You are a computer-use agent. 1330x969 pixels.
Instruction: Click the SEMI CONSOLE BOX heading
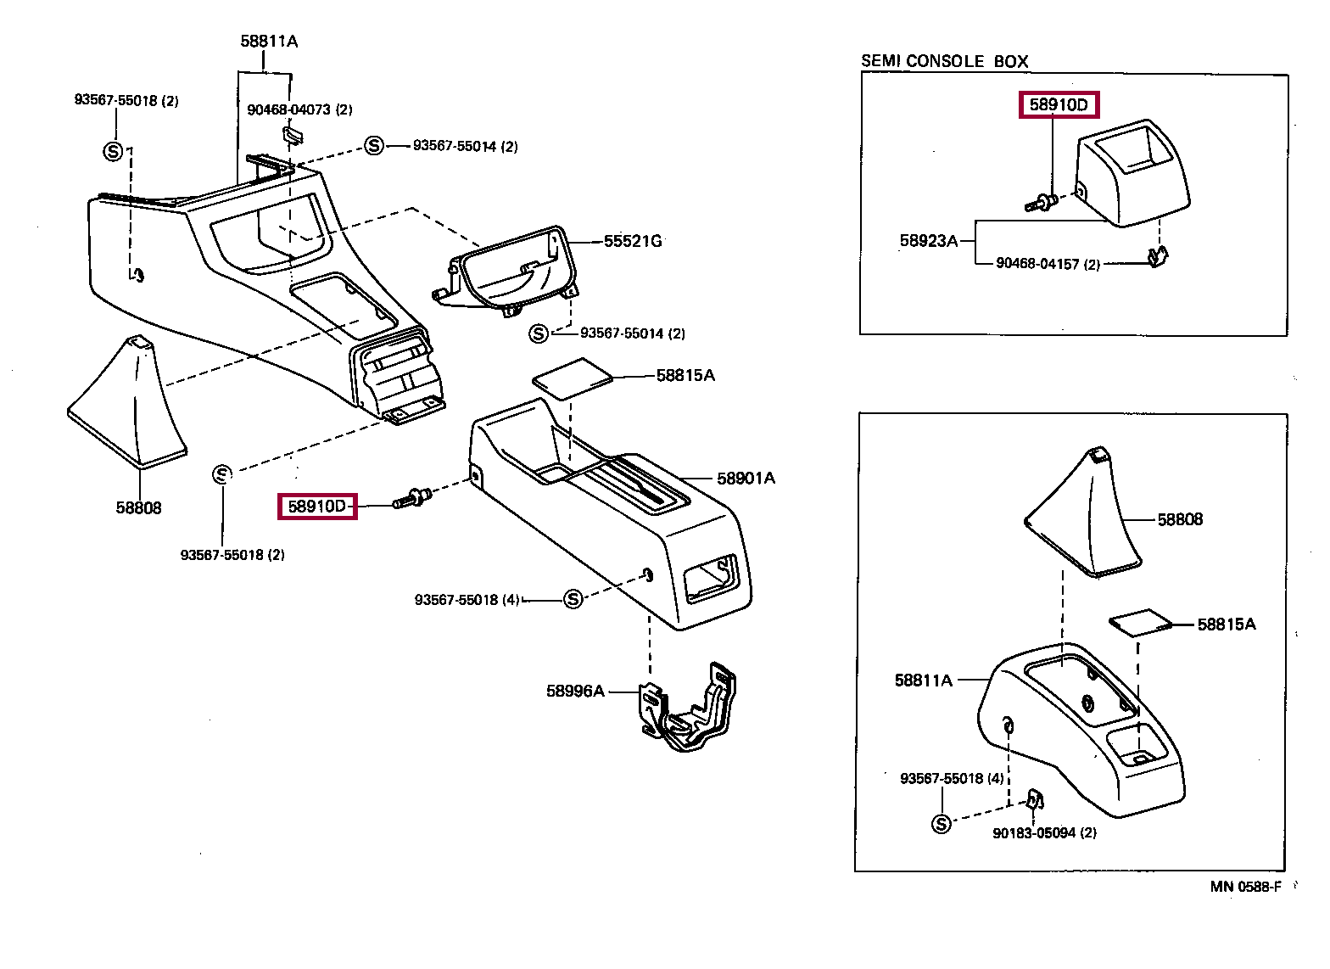click(x=944, y=61)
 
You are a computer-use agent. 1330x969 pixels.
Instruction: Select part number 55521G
click(x=633, y=241)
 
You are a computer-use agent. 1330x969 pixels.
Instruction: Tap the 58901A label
click(x=746, y=479)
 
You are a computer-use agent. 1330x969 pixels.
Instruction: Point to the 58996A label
click(x=575, y=691)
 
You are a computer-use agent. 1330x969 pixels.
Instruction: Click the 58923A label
click(x=929, y=241)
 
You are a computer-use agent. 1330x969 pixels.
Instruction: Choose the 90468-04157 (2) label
click(x=1048, y=264)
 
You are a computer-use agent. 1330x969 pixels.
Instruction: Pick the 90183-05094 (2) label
click(x=1044, y=833)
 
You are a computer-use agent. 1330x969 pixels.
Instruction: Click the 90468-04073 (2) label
click(x=299, y=110)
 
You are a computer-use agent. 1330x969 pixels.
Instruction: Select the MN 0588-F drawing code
click(x=1246, y=887)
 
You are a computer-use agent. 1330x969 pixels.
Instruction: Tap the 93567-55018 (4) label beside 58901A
click(x=467, y=600)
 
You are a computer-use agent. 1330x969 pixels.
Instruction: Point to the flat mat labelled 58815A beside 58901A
click(x=573, y=378)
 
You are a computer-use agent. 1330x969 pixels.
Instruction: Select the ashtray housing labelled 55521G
click(x=506, y=271)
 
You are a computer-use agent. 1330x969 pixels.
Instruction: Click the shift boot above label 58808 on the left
click(x=127, y=402)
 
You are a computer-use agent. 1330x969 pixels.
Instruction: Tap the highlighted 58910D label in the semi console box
click(x=1059, y=105)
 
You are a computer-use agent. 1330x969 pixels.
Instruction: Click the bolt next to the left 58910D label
click(x=412, y=498)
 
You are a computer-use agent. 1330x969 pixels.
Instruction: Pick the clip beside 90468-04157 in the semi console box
click(x=1158, y=257)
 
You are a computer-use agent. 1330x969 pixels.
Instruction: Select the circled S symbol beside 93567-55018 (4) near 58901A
click(x=573, y=599)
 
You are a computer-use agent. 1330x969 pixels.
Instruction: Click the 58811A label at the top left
click(x=269, y=41)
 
